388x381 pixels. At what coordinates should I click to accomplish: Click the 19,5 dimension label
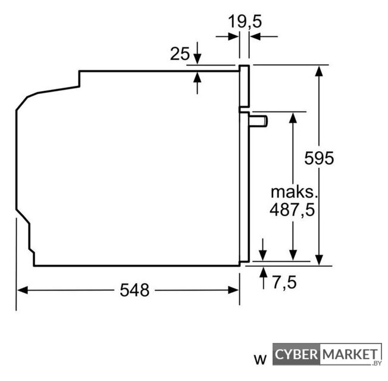245,21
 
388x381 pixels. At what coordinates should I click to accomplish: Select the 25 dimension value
180,54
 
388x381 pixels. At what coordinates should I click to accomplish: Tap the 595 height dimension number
319,158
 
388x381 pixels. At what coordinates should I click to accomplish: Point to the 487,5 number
292,210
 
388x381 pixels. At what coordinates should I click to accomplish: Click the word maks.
294,192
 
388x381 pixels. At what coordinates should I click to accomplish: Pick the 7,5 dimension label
284,282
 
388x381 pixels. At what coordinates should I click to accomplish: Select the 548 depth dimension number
134,290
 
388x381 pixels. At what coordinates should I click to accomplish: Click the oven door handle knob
258,121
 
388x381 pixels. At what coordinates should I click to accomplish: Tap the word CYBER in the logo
296,354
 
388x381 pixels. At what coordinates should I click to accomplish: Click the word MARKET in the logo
350,354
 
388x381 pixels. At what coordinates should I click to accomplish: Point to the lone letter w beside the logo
260,360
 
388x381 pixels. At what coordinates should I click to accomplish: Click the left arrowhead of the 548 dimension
22,290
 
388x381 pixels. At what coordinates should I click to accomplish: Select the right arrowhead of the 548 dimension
233,290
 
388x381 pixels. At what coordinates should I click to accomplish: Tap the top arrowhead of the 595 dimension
319,71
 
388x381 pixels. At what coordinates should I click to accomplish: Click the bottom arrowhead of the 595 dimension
319,260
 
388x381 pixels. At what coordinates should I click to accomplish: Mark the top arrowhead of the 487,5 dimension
293,118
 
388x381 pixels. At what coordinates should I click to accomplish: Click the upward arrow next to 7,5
264,278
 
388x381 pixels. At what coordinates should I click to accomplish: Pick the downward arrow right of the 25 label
197,53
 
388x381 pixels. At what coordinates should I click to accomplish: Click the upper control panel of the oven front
244,86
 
